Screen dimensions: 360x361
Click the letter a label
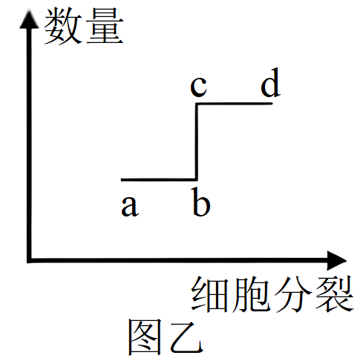coord(130,207)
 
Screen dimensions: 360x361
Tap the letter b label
coord(201,202)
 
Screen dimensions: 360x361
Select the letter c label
coord(198,87)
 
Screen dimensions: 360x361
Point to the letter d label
coord(271,82)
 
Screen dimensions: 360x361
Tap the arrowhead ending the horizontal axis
coord(336,260)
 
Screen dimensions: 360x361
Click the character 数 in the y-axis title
coord(63,26)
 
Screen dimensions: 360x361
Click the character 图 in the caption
coord(145,337)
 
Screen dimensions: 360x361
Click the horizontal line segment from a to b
coord(159,179)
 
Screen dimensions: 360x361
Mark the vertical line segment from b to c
coord(197,142)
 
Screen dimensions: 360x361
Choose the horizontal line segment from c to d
coord(235,104)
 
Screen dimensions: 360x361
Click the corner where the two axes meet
coord(30,260)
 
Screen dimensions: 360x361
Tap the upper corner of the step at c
coord(197,104)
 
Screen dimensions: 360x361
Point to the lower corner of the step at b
coord(197,179)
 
